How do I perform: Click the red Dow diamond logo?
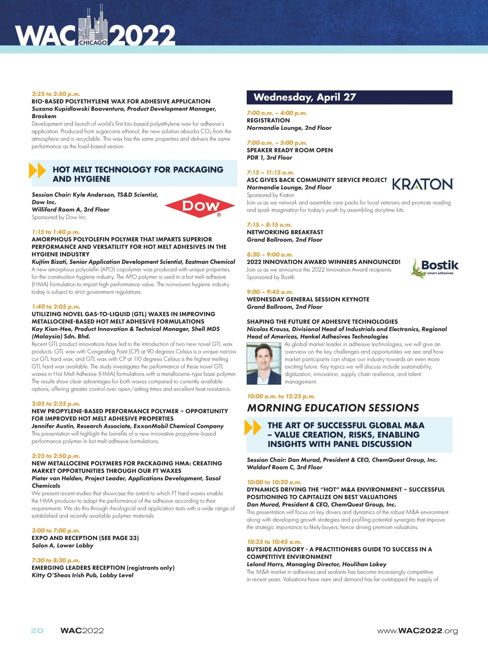[200, 205]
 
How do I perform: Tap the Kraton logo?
[423, 184]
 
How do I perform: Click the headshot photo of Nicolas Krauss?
[264, 363]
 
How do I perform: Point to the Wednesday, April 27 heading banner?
[349, 97]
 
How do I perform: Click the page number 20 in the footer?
[37, 630]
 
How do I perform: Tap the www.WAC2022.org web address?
[417, 631]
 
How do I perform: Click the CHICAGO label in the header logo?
[93, 43]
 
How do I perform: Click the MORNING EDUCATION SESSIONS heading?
[333, 408]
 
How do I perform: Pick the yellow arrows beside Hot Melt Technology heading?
[37, 170]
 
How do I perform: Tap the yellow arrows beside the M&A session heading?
[253, 428]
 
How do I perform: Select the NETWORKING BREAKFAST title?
[285, 232]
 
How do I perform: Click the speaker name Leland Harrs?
[266, 564]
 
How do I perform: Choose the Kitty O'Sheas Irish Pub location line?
[83, 575]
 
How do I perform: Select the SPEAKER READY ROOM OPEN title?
[290, 150]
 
